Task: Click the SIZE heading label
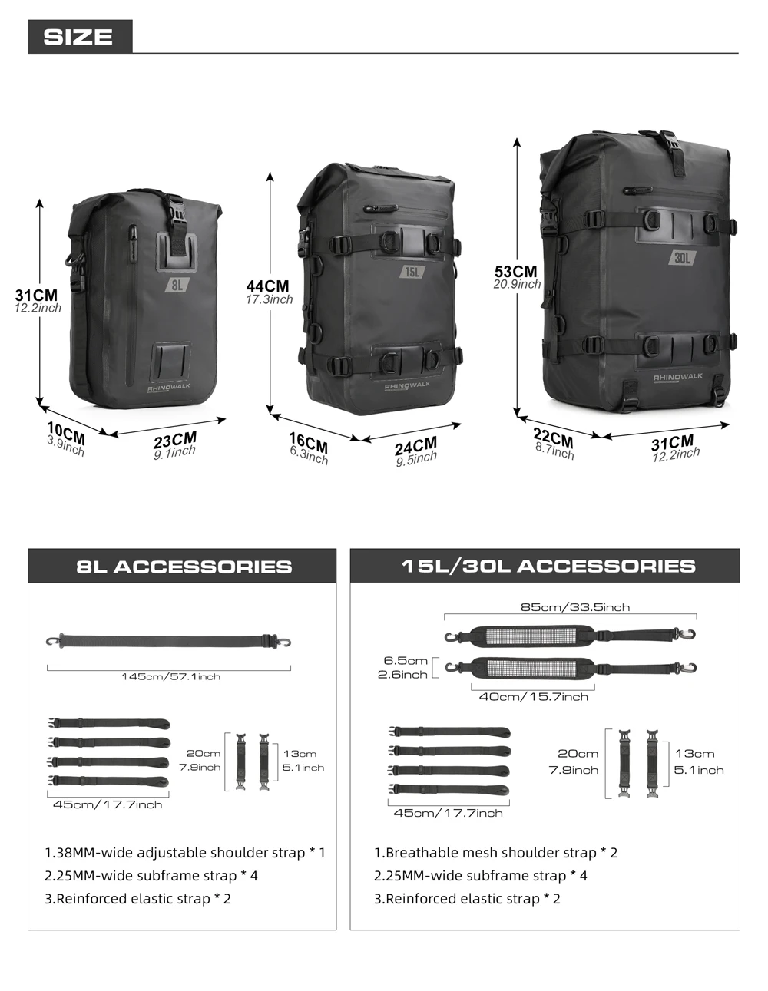tap(78, 37)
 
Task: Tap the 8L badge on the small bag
tap(177, 285)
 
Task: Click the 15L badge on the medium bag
tap(412, 272)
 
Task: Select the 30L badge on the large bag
tap(682, 258)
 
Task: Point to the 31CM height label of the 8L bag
tap(37, 295)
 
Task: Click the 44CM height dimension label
tap(268, 286)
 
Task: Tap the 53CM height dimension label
tap(516, 271)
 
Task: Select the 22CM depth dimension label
tap(553, 438)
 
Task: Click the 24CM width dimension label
tap(416, 445)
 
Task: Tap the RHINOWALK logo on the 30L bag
tap(677, 377)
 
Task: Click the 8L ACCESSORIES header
tap(184, 567)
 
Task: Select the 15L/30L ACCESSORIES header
tap(548, 566)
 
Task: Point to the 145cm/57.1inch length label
tap(170, 676)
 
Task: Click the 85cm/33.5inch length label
tap(575, 607)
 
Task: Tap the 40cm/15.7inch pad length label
tap(534, 696)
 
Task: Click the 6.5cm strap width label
tap(406, 660)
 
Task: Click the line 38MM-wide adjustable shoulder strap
tap(185, 852)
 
